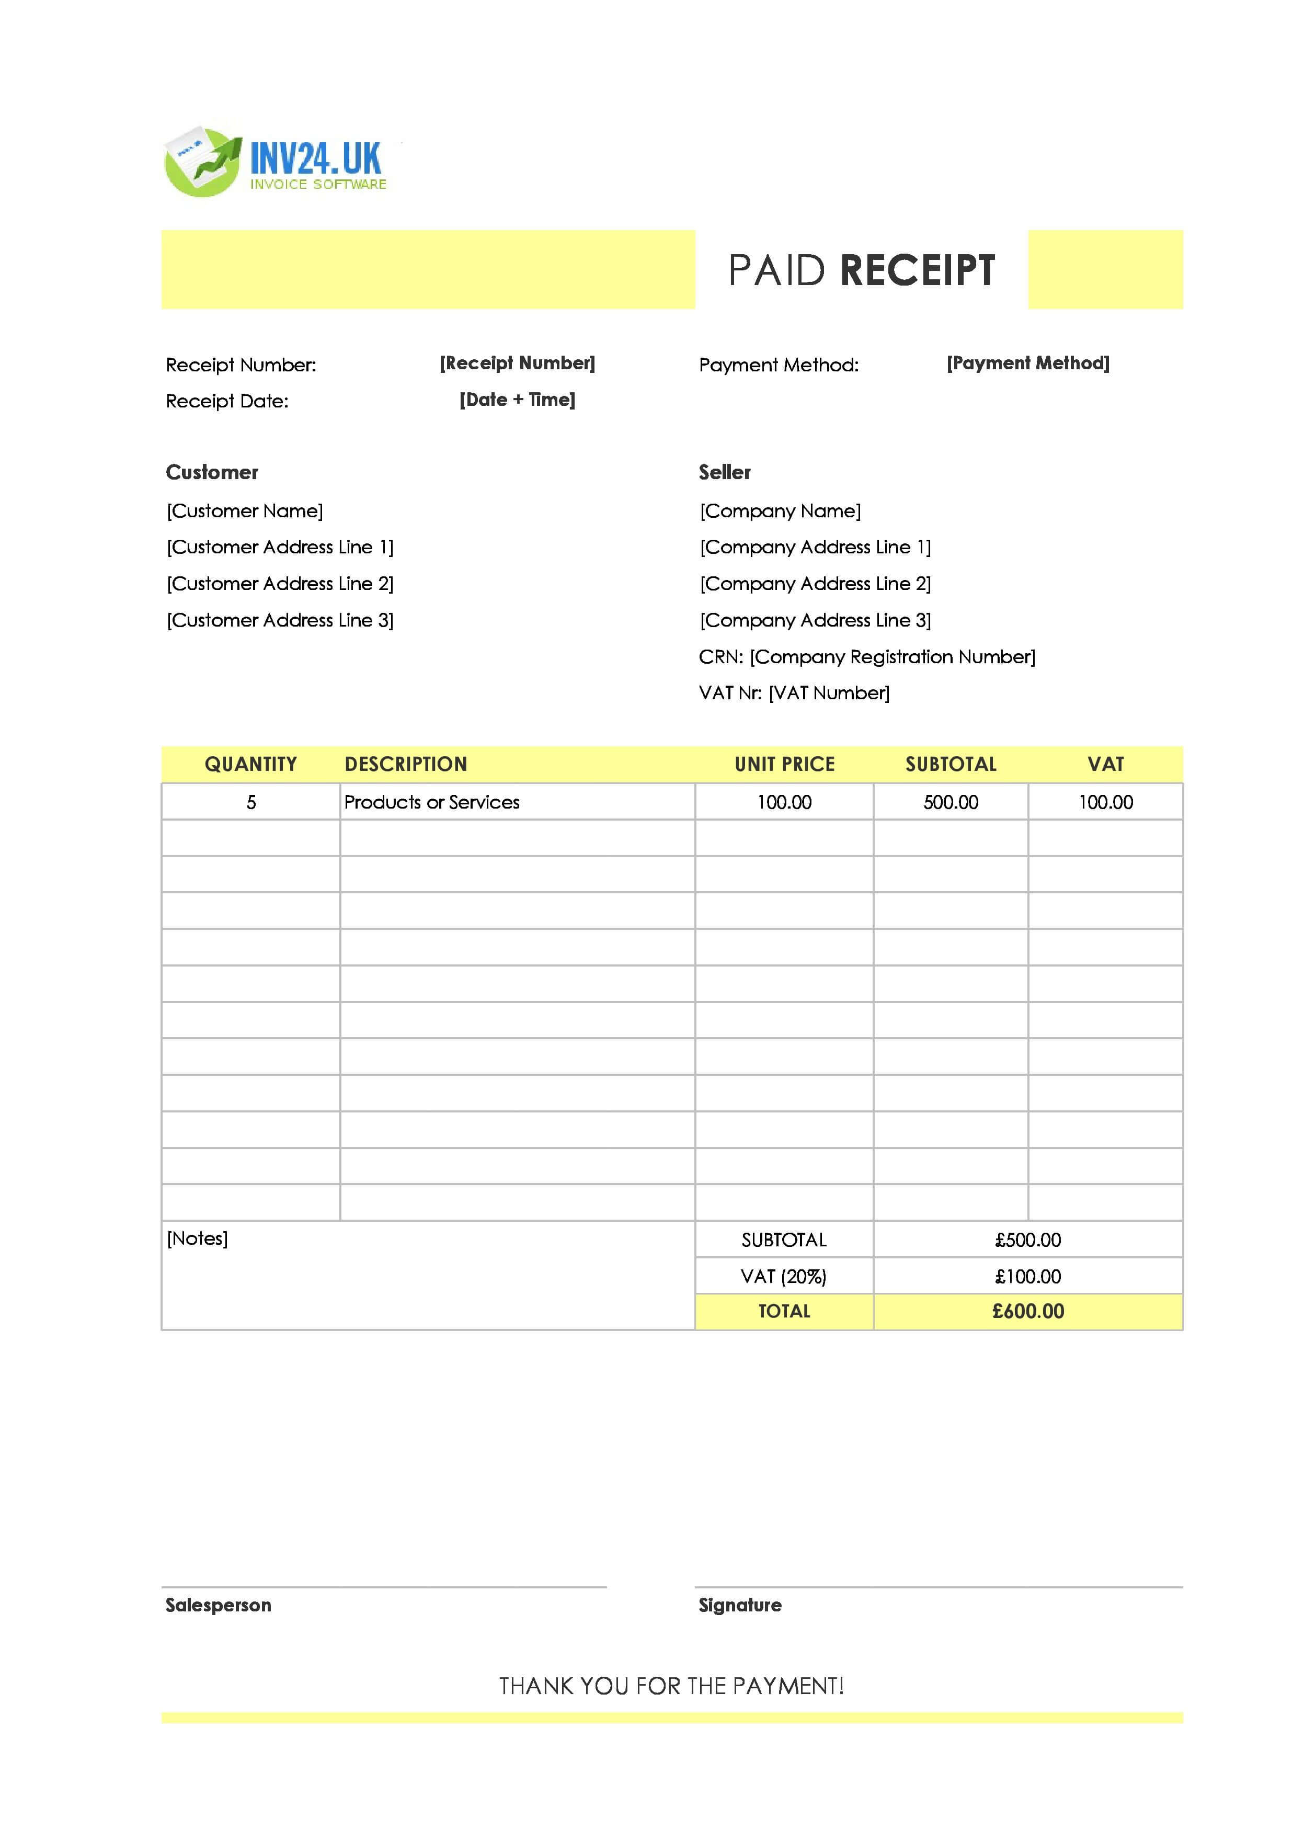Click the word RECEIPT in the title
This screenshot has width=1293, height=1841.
[917, 270]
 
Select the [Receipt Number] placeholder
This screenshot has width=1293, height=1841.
[517, 363]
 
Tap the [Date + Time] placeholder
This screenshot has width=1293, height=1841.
[517, 399]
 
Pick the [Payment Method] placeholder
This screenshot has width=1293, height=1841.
[1028, 363]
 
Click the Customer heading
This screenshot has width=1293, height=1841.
[212, 472]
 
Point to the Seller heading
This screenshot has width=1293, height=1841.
[724, 472]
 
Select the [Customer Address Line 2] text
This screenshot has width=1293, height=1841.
[280, 584]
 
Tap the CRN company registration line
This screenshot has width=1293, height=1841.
[866, 657]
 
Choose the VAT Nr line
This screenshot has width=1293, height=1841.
[794, 693]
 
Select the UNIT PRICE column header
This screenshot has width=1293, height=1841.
[784, 764]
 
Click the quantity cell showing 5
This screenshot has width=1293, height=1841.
[251, 802]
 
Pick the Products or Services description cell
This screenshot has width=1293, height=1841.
[431, 802]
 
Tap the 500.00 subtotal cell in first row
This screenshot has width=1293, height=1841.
[951, 802]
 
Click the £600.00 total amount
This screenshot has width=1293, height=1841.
[1028, 1311]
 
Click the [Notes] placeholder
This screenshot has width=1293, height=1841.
[197, 1239]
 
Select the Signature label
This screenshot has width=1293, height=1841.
[739, 1605]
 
